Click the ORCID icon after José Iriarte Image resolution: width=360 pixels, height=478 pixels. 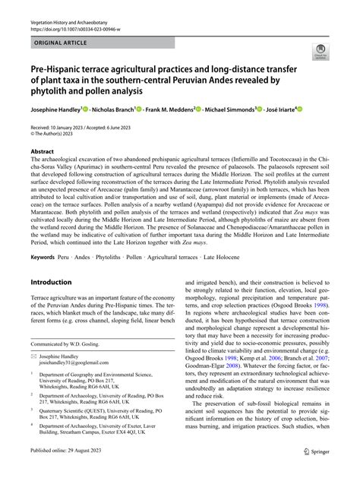[300, 109]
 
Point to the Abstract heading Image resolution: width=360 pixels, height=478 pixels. [42, 151]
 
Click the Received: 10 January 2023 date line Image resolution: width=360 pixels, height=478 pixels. [66, 127]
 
